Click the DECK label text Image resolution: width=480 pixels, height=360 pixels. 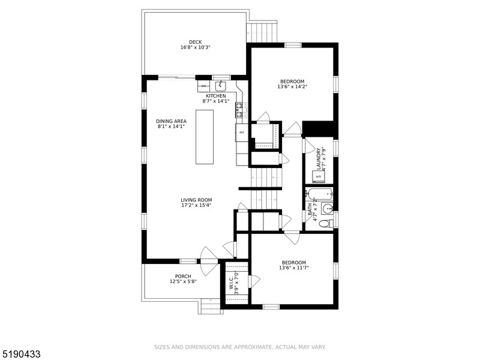(195, 42)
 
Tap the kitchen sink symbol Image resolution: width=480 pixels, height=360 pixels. (221, 86)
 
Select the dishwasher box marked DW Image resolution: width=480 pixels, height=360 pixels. (203, 86)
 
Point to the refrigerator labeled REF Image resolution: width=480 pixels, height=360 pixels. (241, 132)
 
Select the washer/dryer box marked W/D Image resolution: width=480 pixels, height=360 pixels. (319, 176)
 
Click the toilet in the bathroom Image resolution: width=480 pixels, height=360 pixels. (324, 224)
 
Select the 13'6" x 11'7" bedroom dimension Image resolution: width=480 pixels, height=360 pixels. (293, 268)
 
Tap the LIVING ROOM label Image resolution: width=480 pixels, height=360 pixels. (196, 200)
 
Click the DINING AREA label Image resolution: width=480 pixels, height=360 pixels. (172, 121)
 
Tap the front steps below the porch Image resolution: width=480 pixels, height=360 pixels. (211, 307)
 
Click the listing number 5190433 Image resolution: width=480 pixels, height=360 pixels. (21, 355)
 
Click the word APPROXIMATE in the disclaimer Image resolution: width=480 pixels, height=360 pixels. (252, 347)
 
